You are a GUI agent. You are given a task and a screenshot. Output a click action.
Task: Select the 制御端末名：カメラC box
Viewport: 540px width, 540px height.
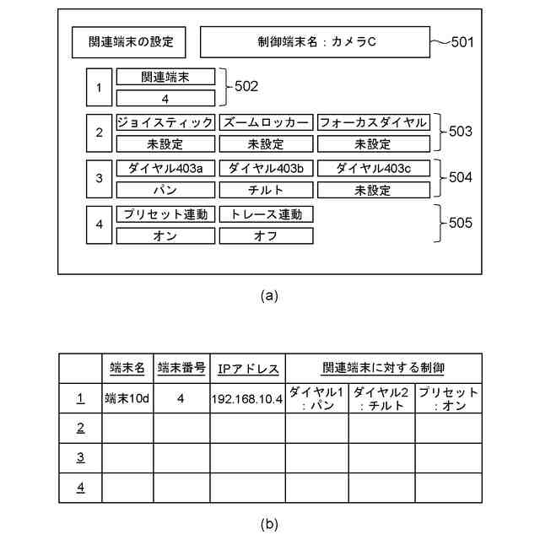click(316, 41)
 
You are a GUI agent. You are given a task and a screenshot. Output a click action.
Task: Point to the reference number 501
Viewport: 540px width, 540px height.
click(463, 41)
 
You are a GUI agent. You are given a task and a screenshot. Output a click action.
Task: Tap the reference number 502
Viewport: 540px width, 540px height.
click(246, 86)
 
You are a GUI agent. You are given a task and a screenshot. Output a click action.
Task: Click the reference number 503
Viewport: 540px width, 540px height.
click(461, 132)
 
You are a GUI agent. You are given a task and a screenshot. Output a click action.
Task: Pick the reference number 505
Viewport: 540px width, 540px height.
click(461, 224)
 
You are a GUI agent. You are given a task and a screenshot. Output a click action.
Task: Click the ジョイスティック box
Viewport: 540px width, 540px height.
click(165, 122)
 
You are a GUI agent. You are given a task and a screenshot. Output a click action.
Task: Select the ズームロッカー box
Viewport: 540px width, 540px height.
click(266, 122)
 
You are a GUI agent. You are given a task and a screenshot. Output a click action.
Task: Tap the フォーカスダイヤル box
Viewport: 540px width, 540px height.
click(372, 122)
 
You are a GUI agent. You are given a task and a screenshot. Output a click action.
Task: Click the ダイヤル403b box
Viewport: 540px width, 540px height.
click(266, 168)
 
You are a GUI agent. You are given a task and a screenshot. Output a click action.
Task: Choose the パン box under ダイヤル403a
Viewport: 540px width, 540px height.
click(165, 190)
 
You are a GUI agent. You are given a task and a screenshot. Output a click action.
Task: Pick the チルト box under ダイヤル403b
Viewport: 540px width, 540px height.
click(266, 190)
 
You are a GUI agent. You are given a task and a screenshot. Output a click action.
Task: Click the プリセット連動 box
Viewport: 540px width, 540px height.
click(165, 214)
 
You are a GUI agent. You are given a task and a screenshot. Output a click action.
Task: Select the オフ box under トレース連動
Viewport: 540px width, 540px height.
click(266, 236)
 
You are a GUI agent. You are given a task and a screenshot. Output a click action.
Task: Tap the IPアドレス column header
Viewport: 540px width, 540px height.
click(246, 369)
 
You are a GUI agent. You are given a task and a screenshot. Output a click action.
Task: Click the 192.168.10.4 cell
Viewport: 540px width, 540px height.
click(246, 398)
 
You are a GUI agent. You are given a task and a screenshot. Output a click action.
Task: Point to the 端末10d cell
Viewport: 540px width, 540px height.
click(127, 398)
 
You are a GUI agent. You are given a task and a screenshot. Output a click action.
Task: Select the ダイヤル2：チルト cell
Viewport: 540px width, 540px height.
click(382, 398)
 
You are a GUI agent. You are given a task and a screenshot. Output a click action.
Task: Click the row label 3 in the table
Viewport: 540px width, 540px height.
click(80, 457)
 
